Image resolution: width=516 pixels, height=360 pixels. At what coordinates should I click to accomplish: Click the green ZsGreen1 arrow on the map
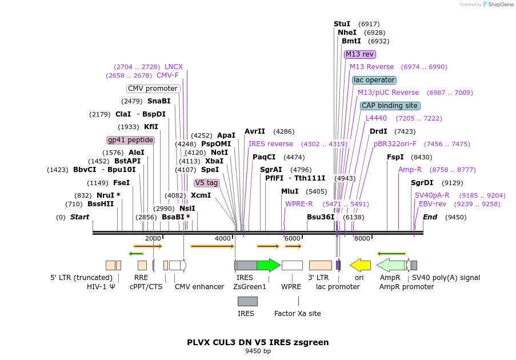[x=269, y=265]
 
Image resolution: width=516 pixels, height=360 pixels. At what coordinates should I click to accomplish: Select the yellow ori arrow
[x=360, y=265]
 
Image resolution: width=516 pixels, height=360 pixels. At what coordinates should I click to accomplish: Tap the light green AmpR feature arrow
[x=391, y=265]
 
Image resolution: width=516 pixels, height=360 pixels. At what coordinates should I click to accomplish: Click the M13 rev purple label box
[x=359, y=54]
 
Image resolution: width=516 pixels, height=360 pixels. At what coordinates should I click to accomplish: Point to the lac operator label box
[x=374, y=80]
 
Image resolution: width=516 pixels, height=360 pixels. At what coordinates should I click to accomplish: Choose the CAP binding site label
[x=390, y=106]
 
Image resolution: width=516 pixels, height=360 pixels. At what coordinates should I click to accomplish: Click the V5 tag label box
[x=207, y=183]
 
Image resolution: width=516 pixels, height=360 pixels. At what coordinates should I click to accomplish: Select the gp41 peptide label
[x=131, y=140]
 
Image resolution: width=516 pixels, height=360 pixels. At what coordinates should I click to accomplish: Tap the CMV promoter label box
[x=153, y=89]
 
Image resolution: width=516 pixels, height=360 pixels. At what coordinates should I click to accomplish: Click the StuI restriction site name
[x=342, y=24]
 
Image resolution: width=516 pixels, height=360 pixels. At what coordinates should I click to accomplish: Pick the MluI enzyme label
[x=290, y=191]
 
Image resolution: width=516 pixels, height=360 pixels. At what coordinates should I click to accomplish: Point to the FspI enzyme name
[x=395, y=157]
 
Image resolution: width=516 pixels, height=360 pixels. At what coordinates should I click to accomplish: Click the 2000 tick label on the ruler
[x=153, y=238]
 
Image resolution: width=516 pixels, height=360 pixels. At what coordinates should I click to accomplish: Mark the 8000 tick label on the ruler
[x=362, y=238]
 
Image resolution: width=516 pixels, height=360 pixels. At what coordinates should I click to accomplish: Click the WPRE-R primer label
[x=299, y=204]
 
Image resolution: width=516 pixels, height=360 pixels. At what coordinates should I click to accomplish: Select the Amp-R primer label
[x=410, y=170]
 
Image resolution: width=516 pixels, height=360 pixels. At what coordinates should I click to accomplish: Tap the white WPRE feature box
[x=292, y=265]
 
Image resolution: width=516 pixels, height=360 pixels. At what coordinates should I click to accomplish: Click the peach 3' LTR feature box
[x=321, y=265]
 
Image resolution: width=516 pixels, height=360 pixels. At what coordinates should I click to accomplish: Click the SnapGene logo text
[x=501, y=4]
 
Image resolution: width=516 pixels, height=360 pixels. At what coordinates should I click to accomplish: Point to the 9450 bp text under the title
[x=258, y=351]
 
